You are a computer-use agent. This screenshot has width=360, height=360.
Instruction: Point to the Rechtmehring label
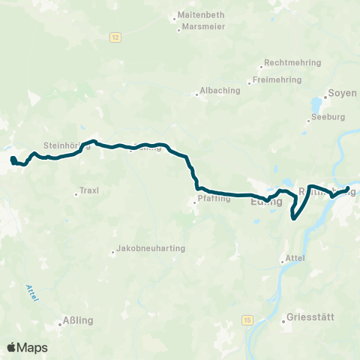[x=291, y=64]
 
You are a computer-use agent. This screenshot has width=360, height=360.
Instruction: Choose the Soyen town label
[x=341, y=94]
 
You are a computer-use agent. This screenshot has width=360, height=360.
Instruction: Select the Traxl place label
[x=89, y=190]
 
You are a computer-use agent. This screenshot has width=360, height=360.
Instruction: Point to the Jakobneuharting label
[x=152, y=248]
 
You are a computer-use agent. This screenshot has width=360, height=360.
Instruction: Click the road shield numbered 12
[x=113, y=37]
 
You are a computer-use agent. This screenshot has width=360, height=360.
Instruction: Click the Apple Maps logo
[x=27, y=347]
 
